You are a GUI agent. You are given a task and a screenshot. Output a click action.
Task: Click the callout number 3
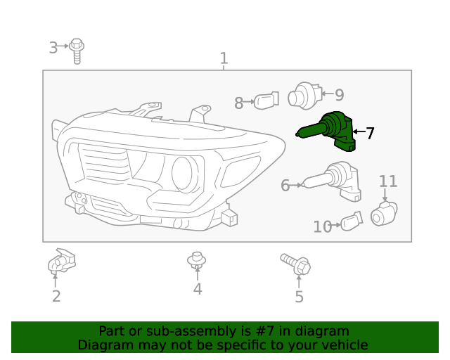(53, 48)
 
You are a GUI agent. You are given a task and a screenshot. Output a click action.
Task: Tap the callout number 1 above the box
(224, 58)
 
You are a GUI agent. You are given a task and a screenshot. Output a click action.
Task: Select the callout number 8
(238, 103)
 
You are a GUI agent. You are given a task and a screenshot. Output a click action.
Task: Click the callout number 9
(339, 95)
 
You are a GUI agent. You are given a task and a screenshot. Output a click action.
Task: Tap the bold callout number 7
(369, 133)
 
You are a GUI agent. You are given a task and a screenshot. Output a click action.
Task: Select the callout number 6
(285, 186)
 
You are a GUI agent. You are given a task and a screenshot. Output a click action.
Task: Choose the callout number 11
(388, 181)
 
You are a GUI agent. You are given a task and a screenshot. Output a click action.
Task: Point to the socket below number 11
(384, 212)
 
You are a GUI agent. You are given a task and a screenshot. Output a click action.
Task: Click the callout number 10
(322, 226)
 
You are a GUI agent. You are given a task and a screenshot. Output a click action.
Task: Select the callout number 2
(56, 296)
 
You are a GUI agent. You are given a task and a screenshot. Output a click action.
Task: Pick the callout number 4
(198, 289)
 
